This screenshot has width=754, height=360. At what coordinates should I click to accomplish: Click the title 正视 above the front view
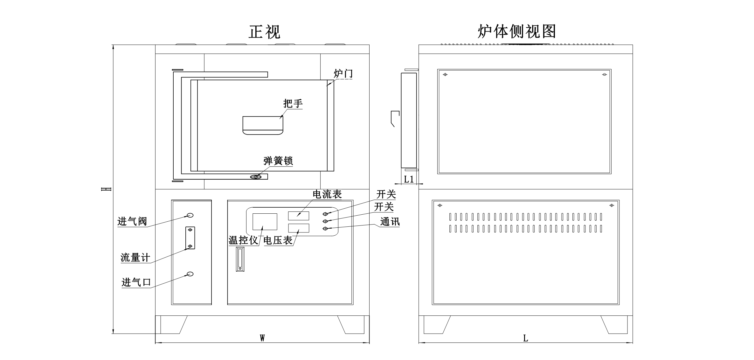[x=264, y=32]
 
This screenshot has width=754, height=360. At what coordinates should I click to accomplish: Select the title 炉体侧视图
[x=517, y=31]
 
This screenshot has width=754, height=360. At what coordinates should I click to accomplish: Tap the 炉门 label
[x=343, y=73]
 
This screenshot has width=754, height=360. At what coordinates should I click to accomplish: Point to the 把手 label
[x=293, y=103]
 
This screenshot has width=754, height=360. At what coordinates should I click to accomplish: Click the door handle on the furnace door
[x=263, y=125]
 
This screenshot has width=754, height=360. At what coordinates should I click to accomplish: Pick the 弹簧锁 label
[x=278, y=161]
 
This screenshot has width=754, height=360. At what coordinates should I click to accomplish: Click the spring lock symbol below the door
[x=256, y=177]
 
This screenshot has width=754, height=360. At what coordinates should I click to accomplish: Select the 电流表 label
[x=327, y=194]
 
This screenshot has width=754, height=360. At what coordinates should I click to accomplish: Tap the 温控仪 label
[x=243, y=240]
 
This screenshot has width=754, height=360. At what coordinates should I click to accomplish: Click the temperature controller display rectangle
[x=265, y=222]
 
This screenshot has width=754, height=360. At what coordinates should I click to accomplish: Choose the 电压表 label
[x=278, y=240]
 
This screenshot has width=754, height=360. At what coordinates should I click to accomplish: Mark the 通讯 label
[x=390, y=222]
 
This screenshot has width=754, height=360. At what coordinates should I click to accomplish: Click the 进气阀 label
[x=132, y=221]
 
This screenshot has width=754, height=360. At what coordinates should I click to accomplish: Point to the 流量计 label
[x=135, y=257]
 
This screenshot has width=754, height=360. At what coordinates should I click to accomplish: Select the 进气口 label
[x=136, y=282]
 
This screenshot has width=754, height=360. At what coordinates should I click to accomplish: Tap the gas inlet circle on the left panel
[x=190, y=274]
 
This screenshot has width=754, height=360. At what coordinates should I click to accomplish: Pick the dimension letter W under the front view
[x=262, y=338]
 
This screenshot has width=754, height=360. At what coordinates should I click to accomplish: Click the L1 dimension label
[x=409, y=179]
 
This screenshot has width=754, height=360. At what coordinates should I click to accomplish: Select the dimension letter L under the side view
[x=525, y=338]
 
